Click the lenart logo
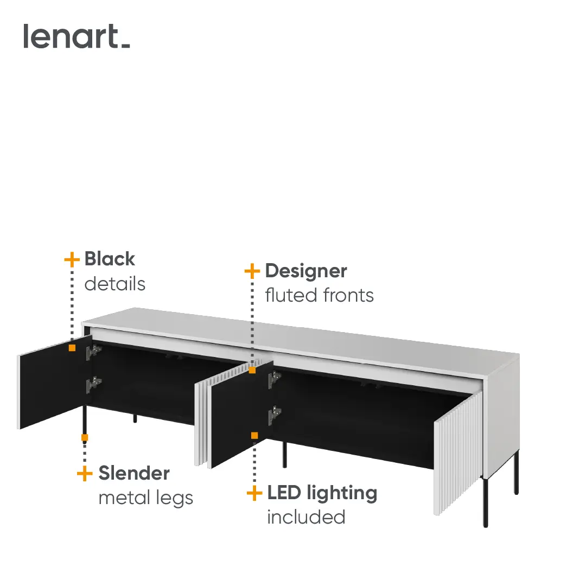77,36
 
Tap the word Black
110,259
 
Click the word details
114,284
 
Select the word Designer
306,272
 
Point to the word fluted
291,295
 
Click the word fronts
348,295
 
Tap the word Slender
134,473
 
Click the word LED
284,493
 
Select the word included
306,517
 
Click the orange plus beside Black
72,259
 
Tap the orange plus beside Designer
252,271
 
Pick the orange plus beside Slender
85,474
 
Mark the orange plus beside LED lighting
254,493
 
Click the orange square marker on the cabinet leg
85,438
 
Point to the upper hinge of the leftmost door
93,352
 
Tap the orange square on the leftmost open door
72,348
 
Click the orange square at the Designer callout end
252,370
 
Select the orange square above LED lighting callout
254,435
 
